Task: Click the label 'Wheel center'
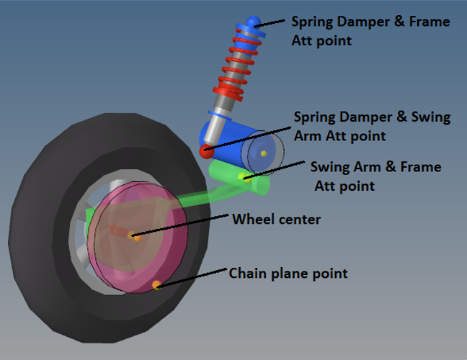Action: [276, 218]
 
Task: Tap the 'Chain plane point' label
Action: [288, 274]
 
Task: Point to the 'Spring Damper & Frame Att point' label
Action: [370, 31]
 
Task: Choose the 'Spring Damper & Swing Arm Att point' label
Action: [372, 125]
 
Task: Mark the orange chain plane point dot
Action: [156, 286]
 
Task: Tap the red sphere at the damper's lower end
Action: [207, 151]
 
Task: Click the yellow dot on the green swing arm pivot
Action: [246, 177]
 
